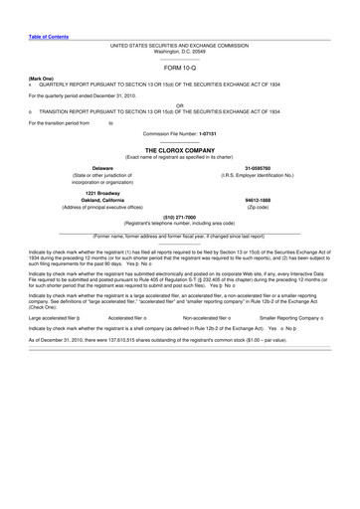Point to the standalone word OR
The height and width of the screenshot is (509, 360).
tap(180, 103)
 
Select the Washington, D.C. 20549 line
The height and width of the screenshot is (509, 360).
tap(180, 51)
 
